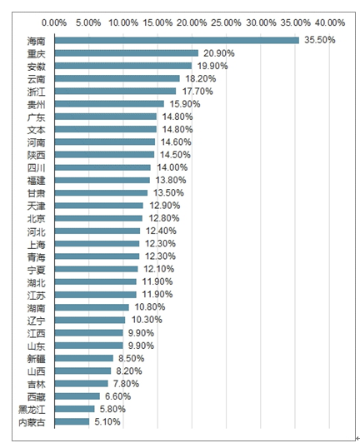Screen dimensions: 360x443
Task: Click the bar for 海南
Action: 177,41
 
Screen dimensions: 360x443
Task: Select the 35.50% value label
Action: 319,40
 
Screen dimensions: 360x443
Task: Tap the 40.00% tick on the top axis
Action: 330,22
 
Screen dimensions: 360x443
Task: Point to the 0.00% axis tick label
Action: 54,22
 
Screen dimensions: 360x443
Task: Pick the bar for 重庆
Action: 127,53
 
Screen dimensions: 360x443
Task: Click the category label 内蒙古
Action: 32,422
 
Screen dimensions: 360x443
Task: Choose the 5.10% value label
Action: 107,422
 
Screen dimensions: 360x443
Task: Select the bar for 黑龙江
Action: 75,409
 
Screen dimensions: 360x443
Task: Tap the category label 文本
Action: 36,130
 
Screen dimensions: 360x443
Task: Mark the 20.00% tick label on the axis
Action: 192,22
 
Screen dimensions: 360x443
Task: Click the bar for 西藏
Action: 77,396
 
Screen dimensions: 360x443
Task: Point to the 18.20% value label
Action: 201,78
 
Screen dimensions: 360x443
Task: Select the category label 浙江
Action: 36,92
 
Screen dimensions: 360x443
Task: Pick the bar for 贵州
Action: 109,104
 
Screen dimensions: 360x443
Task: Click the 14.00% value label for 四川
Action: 172,167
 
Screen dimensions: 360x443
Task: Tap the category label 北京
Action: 36,219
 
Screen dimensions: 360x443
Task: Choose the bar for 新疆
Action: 84,358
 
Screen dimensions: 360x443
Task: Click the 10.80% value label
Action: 150,306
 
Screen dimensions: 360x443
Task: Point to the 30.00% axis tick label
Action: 261,22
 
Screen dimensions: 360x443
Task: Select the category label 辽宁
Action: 36,321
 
